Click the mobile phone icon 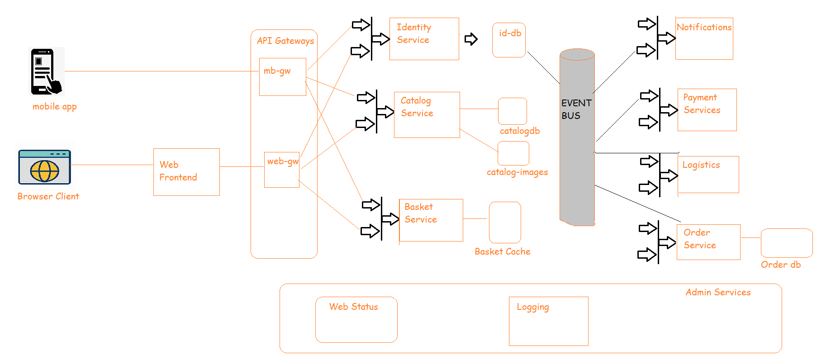click(x=46, y=71)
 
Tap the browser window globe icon click(x=44, y=167)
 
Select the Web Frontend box click(x=186, y=172)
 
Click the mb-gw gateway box click(x=282, y=76)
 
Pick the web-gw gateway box click(x=281, y=170)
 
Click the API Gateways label click(x=285, y=41)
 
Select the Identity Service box click(x=424, y=39)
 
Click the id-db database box click(x=509, y=40)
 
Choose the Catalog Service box click(x=427, y=114)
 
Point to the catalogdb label click(x=519, y=131)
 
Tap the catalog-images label click(x=517, y=172)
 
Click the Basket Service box click(x=431, y=220)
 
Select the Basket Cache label click(x=502, y=251)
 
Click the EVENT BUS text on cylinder click(x=576, y=109)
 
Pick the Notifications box click(x=704, y=38)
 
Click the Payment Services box click(x=707, y=109)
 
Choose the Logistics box click(x=708, y=174)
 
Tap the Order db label click(x=780, y=265)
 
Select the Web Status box click(x=356, y=319)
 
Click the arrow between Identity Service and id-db click(x=471, y=39)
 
